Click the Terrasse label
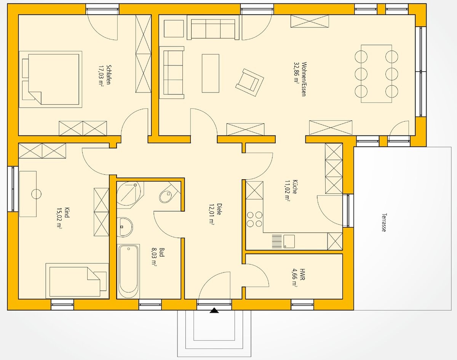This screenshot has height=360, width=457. [x=383, y=223]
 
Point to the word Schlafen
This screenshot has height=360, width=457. [x=108, y=75]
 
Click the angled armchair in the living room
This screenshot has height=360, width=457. [x=249, y=82]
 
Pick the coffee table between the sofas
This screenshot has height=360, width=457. [x=211, y=73]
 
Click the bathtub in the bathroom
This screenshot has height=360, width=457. [x=128, y=271]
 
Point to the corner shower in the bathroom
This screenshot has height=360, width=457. [x=130, y=194]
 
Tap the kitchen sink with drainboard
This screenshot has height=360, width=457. [x=283, y=241]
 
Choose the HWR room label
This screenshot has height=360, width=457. [x=302, y=274]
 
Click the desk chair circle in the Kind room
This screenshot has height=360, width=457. [x=36, y=194]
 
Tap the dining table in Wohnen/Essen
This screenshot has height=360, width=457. [x=376, y=74]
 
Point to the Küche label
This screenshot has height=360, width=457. [x=295, y=187]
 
